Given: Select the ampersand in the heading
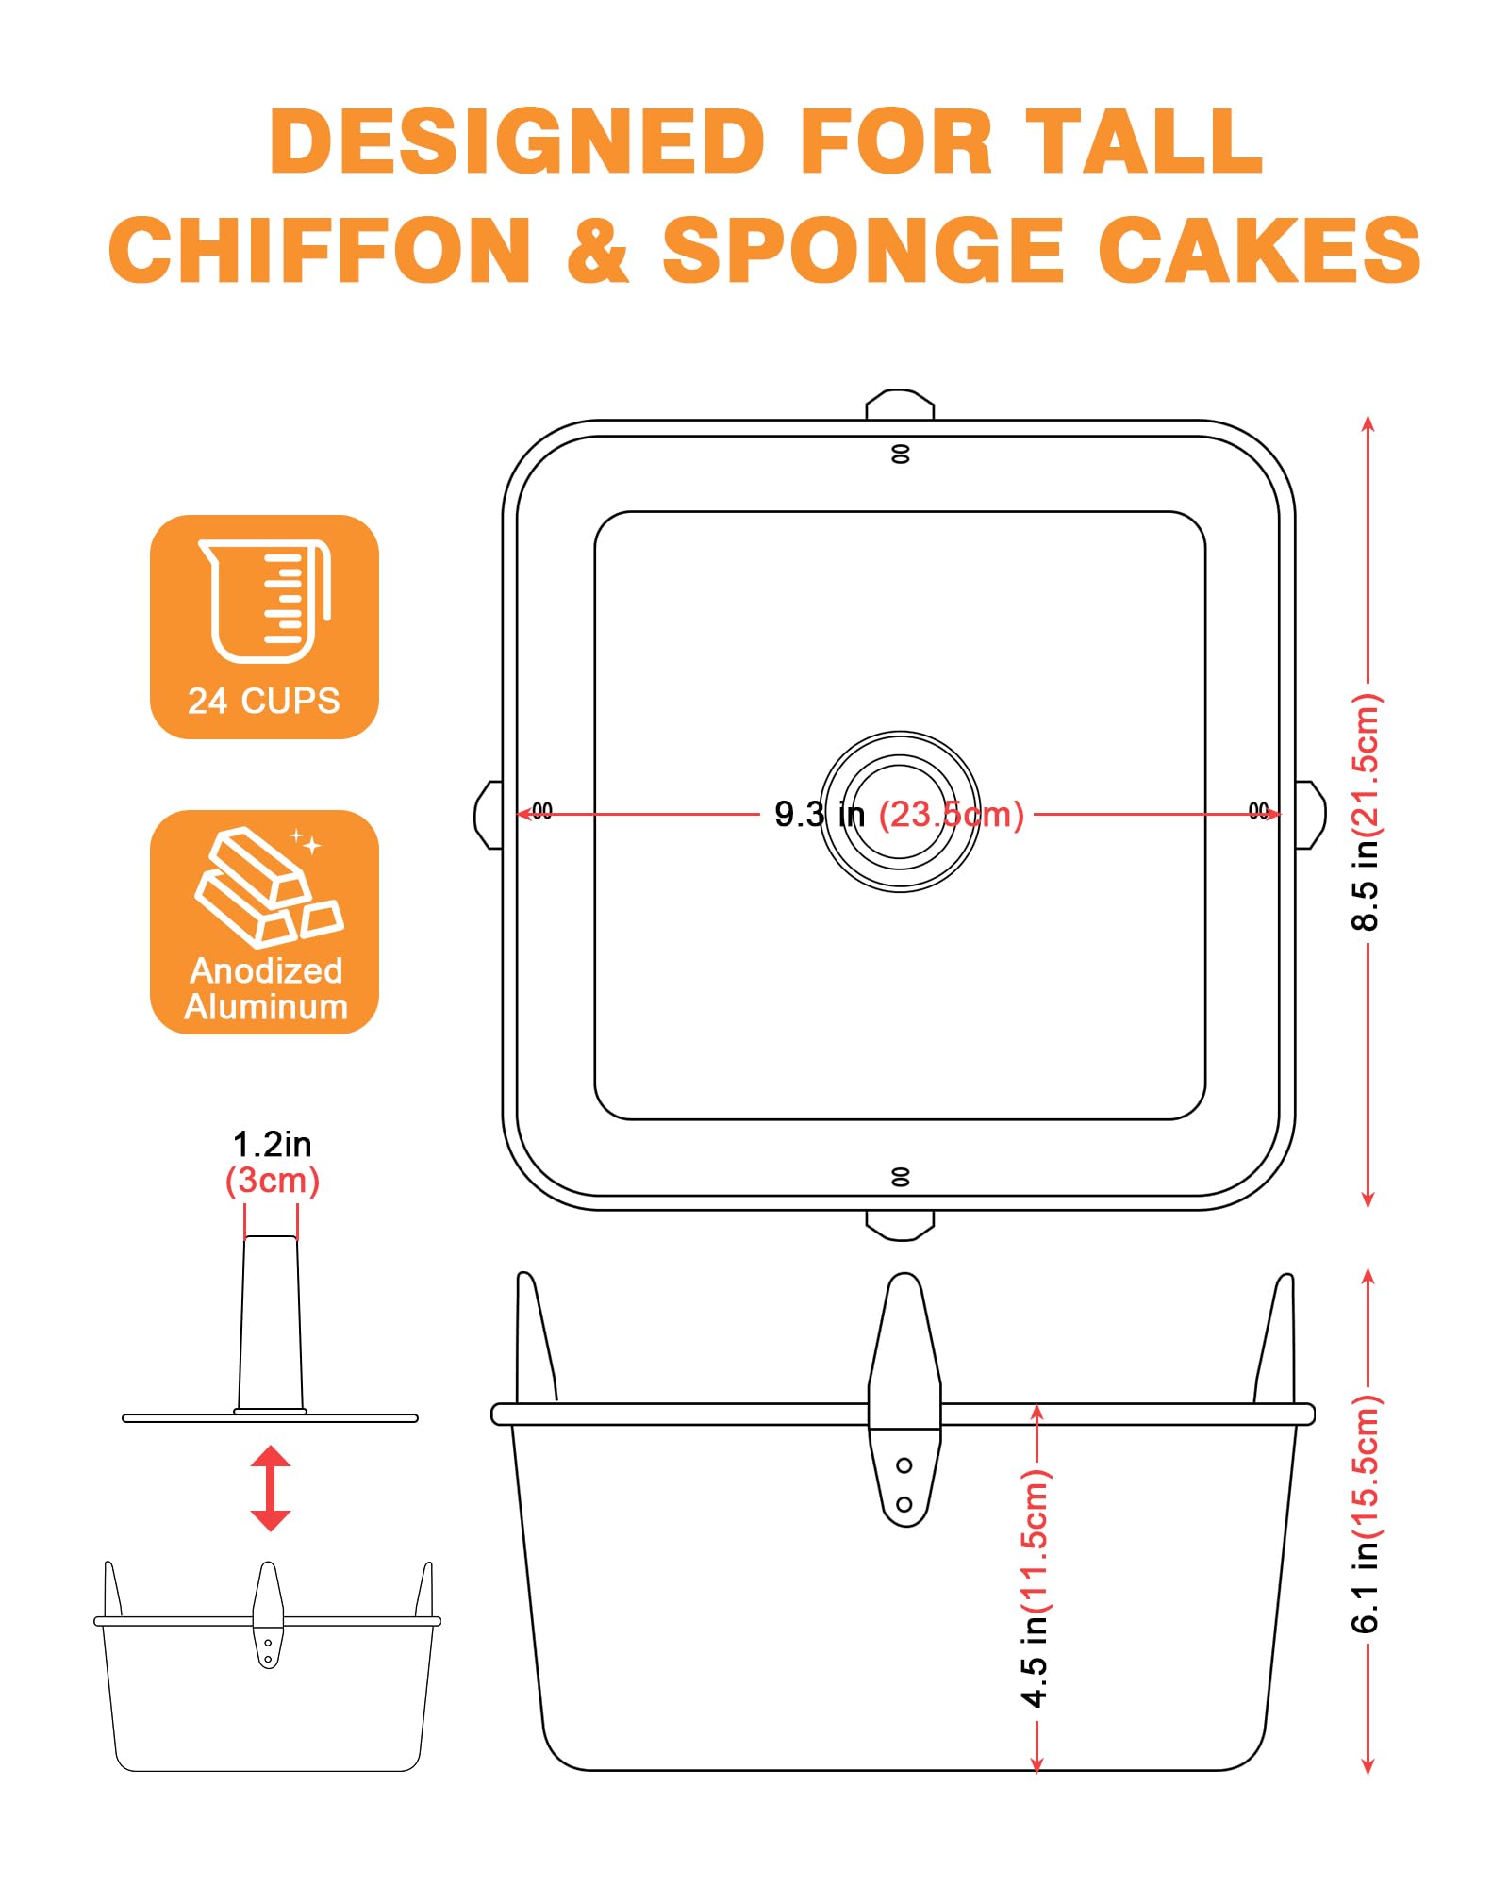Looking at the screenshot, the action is click(598, 250).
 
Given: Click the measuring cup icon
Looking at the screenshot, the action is click(265, 601).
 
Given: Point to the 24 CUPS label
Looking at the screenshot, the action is click(264, 701).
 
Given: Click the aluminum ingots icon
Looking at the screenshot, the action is click(270, 887).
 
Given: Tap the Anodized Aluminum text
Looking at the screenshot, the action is click(266, 988).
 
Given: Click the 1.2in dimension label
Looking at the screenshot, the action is click(272, 1144).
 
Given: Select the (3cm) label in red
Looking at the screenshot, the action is click(273, 1181).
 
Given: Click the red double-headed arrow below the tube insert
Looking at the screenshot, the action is click(271, 1488).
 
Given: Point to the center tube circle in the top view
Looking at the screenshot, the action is click(901, 811).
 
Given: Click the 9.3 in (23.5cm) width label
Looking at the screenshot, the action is click(899, 814).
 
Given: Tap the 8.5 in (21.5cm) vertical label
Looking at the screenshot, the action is click(1366, 812).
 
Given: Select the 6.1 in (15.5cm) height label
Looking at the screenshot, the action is click(1366, 1514).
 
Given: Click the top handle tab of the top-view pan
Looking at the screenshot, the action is click(901, 405).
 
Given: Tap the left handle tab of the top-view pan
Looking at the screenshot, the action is click(489, 815).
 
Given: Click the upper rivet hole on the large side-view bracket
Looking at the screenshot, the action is click(904, 1465).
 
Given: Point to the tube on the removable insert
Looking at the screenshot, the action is click(271, 1323).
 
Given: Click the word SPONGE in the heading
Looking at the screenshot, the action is click(864, 250).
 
